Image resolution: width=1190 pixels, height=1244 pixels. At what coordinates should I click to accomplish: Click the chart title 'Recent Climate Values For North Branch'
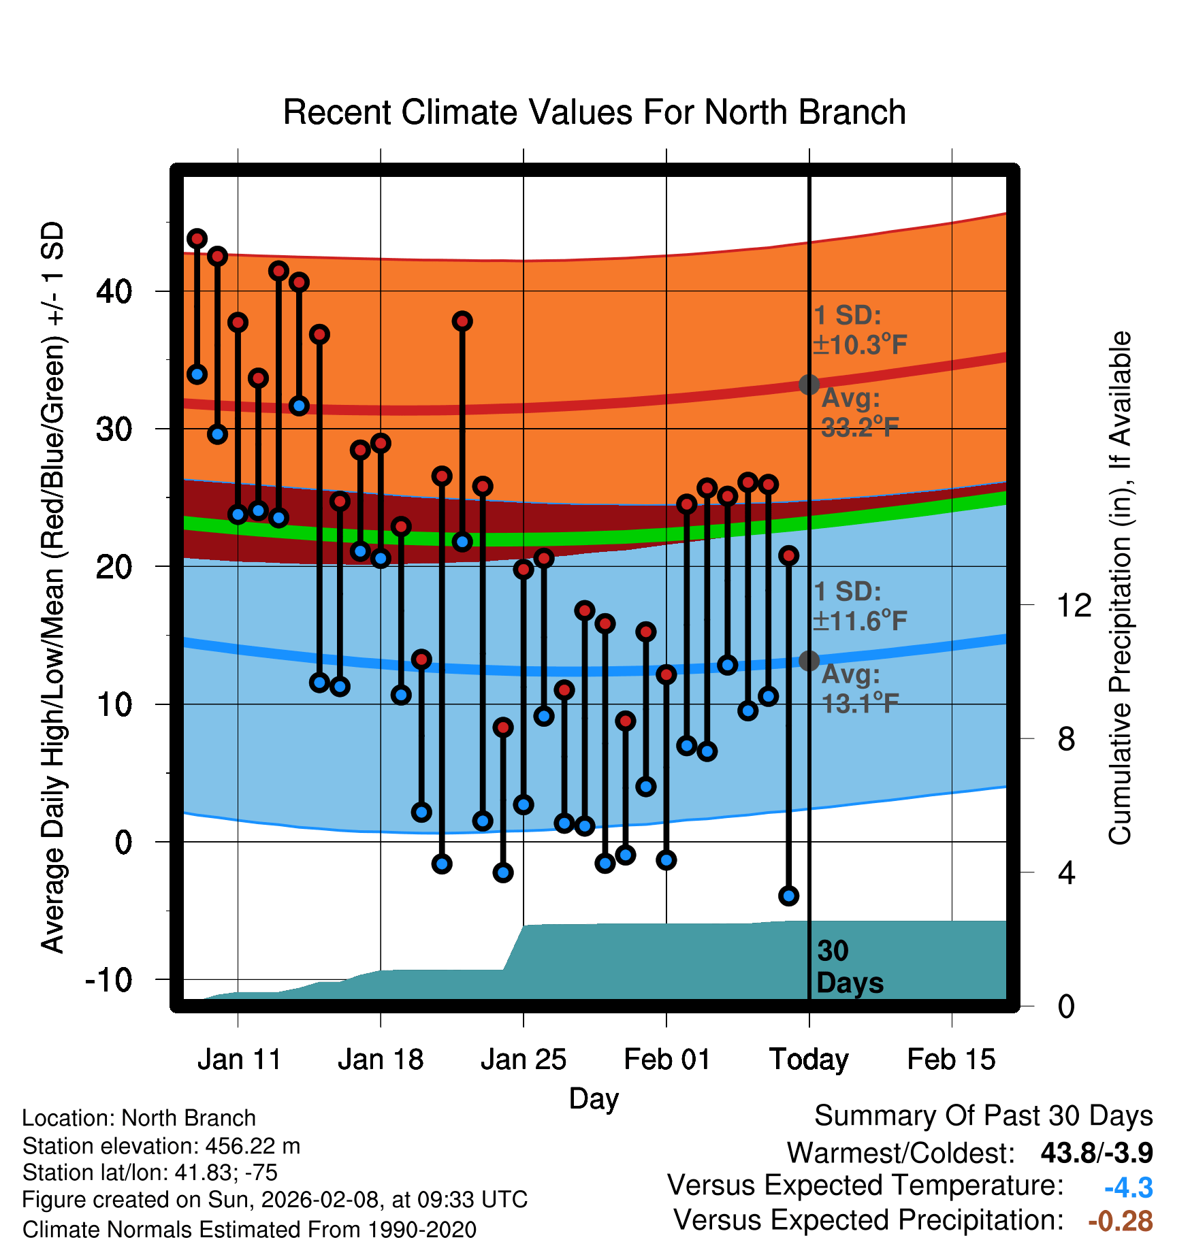pos(594,112)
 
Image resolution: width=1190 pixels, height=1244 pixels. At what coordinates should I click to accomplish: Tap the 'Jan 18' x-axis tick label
pos(381,1060)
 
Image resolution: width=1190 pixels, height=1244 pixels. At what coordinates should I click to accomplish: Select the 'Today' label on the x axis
pos(809,1060)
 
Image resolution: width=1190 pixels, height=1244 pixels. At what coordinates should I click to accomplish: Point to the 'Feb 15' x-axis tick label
pos(951,1060)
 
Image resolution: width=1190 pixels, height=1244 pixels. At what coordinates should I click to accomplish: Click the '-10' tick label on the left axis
pos(109,980)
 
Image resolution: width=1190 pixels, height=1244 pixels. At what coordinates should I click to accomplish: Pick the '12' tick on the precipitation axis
pos(1074,605)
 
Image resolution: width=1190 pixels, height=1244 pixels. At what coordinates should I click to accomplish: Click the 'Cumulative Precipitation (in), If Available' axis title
pos(1120,589)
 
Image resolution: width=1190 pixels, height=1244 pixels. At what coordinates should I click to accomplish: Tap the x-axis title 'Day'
pos(594,1099)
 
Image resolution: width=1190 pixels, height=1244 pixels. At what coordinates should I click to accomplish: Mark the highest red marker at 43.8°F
pos(197,239)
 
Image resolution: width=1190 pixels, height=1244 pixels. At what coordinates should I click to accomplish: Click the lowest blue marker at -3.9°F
pos(788,896)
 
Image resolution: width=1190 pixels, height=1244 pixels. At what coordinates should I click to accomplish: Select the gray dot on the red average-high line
pos(809,384)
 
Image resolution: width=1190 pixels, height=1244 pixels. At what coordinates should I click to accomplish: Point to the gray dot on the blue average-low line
pos(809,660)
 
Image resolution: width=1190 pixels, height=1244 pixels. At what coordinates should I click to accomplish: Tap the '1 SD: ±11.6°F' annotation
pos(859,606)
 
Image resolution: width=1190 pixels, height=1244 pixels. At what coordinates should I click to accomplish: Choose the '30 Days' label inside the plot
pos(848,967)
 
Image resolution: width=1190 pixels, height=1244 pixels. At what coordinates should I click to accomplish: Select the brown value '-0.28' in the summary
pos(1120,1222)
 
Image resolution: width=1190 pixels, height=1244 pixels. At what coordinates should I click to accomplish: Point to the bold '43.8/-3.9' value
pos(1096,1153)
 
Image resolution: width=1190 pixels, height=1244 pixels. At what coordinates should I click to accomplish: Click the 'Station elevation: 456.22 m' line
pos(161,1146)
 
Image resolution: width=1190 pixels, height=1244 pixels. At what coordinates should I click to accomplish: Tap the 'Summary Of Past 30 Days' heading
pos(983,1116)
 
